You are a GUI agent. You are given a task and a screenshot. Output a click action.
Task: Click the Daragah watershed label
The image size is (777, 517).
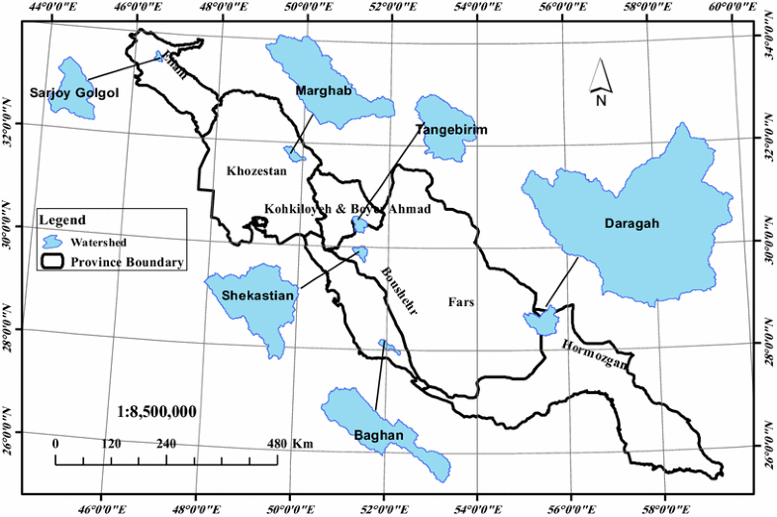tap(631, 225)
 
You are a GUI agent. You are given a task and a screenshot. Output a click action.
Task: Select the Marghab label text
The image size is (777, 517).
tap(324, 91)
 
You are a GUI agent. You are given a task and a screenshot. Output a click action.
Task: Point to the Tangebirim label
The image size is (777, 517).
tap(450, 130)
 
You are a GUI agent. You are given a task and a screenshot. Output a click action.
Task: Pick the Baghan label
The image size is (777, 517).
tap(377, 435)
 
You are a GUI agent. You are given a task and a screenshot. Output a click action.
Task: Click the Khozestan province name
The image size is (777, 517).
tap(256, 171)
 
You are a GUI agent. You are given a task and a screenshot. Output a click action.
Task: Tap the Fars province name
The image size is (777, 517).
tap(462, 302)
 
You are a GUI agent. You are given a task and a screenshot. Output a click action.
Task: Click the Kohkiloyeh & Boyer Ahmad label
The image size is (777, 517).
tap(347, 208)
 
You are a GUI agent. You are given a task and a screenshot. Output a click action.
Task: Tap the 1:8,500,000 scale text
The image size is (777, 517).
tap(157, 410)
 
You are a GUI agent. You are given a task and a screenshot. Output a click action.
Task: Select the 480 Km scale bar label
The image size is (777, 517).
tap(291, 445)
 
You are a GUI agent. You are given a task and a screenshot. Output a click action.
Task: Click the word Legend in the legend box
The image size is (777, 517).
tap(62, 220)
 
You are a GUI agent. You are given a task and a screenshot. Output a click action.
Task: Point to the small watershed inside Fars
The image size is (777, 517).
tap(540, 320)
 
